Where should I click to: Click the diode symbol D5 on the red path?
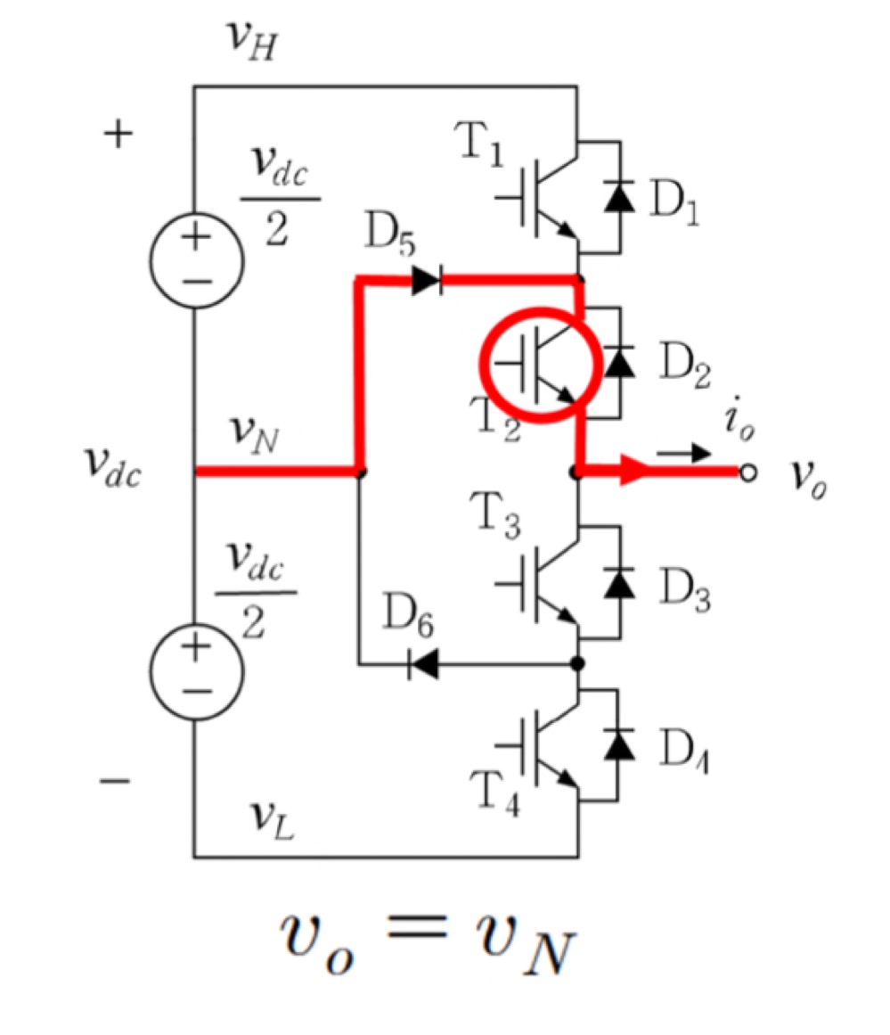(x=427, y=282)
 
